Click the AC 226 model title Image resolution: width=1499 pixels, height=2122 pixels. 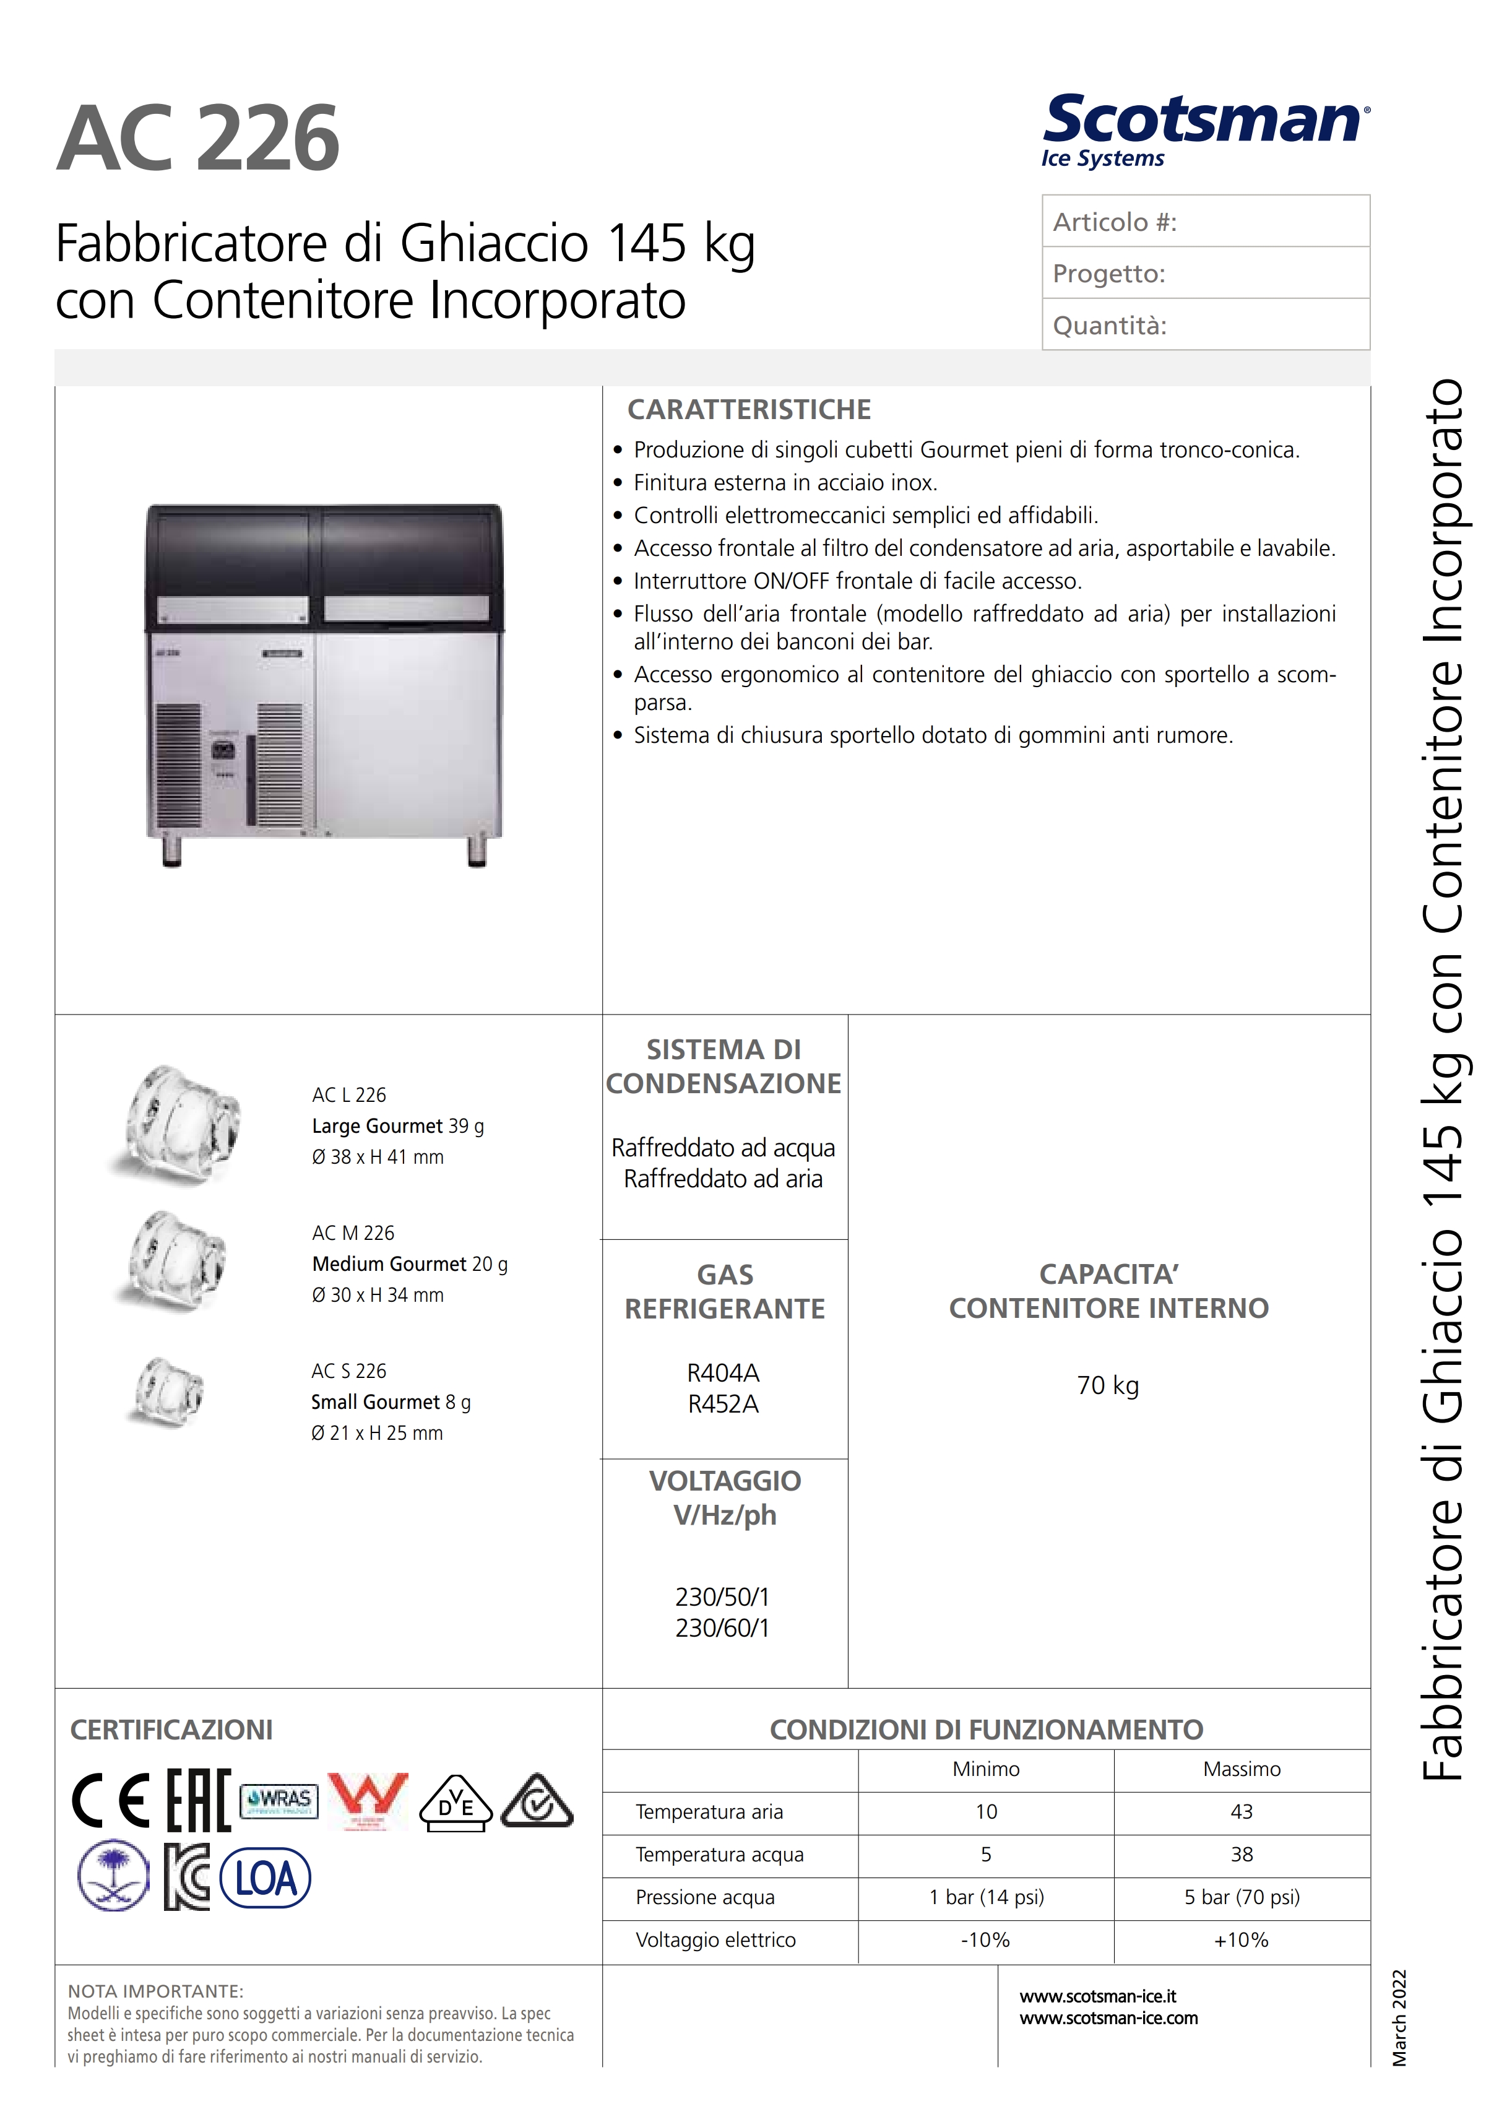198,139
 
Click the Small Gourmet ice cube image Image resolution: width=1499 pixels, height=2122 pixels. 167,1391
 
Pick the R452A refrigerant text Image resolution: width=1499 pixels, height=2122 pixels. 723,1405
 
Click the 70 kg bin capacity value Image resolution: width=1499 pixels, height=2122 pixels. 1107,1385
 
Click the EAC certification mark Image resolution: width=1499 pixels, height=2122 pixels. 198,1800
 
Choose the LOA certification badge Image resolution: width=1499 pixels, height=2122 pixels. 266,1879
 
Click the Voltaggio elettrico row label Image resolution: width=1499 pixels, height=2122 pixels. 715,1940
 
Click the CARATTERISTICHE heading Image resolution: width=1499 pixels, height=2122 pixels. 749,409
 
